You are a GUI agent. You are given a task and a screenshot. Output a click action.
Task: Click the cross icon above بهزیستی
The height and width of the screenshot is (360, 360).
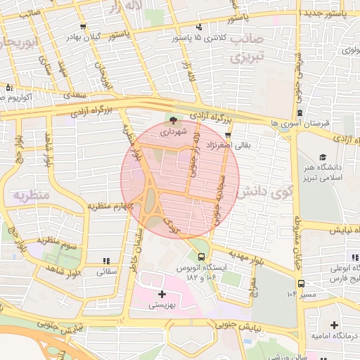[x=162, y=293]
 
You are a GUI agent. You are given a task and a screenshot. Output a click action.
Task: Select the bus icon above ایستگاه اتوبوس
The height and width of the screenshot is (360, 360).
[x=202, y=257]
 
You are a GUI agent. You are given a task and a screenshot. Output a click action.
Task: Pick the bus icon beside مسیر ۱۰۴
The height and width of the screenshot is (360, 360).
[x=301, y=283]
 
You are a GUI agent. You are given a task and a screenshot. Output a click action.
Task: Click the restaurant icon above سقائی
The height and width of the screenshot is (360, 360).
[x=105, y=260]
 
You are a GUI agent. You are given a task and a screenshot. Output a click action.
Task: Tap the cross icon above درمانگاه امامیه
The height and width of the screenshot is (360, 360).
[x=333, y=325]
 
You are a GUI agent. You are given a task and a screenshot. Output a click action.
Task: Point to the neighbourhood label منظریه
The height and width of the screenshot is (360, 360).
[x=32, y=195]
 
